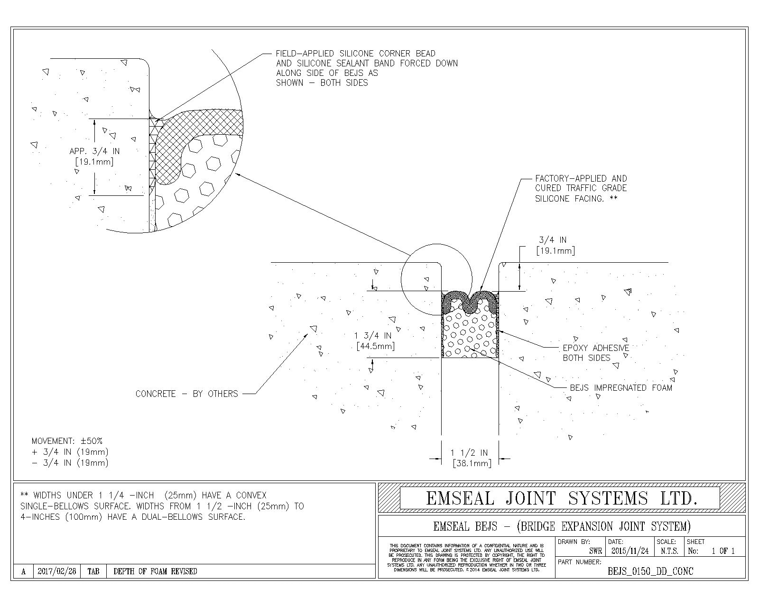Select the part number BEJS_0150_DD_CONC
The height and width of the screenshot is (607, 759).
pyautogui.click(x=650, y=571)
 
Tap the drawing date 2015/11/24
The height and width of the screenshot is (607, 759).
pyautogui.click(x=630, y=551)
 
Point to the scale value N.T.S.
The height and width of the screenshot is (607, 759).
pyautogui.click(x=669, y=551)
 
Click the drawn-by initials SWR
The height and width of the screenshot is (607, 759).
pyautogui.click(x=595, y=551)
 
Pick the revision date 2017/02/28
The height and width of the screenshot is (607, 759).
pyautogui.click(x=56, y=571)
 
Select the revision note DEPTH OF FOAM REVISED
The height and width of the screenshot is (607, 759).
pyautogui.click(x=155, y=571)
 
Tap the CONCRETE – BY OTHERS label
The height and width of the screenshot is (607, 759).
pyautogui.click(x=186, y=394)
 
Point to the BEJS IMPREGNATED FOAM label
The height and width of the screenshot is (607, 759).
pyautogui.click(x=621, y=388)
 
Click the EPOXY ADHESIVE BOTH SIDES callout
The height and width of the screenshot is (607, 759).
pyautogui.click(x=596, y=353)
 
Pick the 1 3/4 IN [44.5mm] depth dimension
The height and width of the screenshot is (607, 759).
pyautogui.click(x=375, y=341)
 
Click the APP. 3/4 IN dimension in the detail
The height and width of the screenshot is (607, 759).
pyautogui.click(x=94, y=156)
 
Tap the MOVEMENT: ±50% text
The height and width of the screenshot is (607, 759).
pyautogui.click(x=67, y=441)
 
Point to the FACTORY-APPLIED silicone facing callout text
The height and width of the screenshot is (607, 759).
pyautogui.click(x=581, y=188)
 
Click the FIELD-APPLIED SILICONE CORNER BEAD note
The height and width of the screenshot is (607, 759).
pyautogui.click(x=367, y=68)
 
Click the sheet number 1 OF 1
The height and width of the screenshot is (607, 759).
pyautogui.click(x=722, y=551)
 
